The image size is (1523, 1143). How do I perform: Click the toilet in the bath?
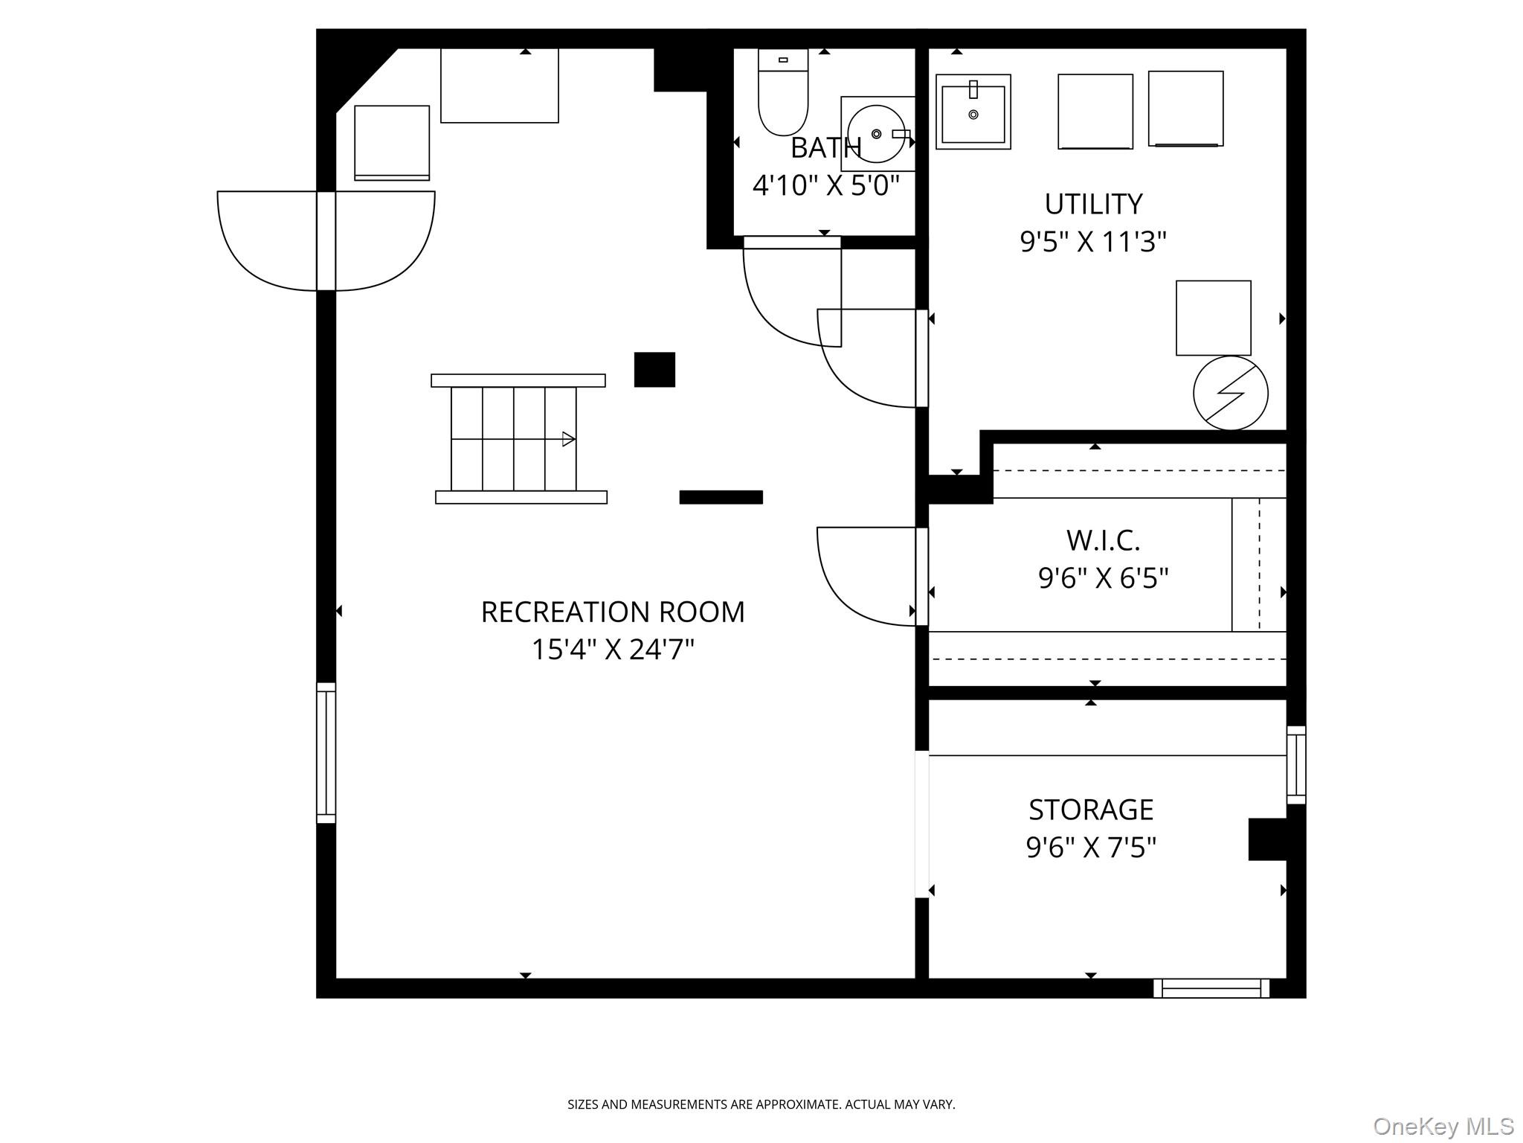click(783, 100)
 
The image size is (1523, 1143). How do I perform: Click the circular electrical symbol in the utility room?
click(1230, 393)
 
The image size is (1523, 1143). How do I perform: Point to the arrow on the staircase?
click(568, 439)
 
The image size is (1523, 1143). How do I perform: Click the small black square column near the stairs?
click(654, 370)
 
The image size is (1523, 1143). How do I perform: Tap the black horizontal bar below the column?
click(721, 497)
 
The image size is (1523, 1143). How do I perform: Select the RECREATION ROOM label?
click(612, 612)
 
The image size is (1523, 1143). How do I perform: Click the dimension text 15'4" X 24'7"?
click(612, 650)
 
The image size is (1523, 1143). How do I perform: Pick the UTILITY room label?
click(1092, 204)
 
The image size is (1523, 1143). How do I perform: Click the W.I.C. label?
click(1103, 541)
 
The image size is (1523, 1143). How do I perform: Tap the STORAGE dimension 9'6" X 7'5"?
click(1091, 848)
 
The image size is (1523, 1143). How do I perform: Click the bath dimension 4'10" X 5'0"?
click(825, 185)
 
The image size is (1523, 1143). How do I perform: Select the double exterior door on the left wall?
click(326, 240)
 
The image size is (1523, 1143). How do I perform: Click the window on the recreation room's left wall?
click(326, 753)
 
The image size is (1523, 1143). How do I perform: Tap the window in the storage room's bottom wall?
click(1211, 988)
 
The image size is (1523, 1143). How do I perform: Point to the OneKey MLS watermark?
click(1443, 1126)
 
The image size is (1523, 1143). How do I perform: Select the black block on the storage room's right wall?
click(1268, 839)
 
